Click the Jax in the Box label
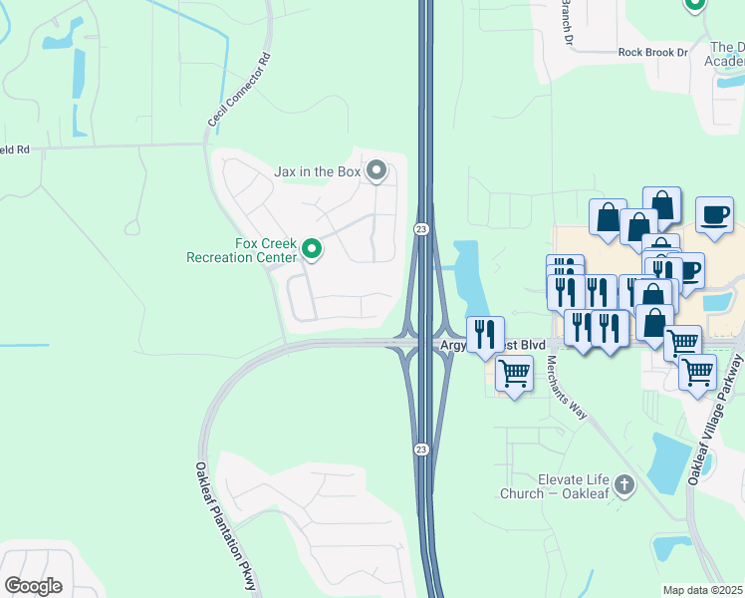point(317,171)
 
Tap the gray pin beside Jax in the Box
point(376,171)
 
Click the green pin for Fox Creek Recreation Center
point(312,248)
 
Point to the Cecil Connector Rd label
point(239,89)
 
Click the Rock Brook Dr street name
point(652,52)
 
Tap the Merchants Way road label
point(563,383)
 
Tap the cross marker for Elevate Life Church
point(624,485)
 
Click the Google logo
point(33,586)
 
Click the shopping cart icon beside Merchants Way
point(514,375)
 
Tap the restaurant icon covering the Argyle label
point(485,334)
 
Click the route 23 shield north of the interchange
point(421,229)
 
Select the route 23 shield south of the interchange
point(421,449)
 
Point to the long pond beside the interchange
point(471,281)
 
